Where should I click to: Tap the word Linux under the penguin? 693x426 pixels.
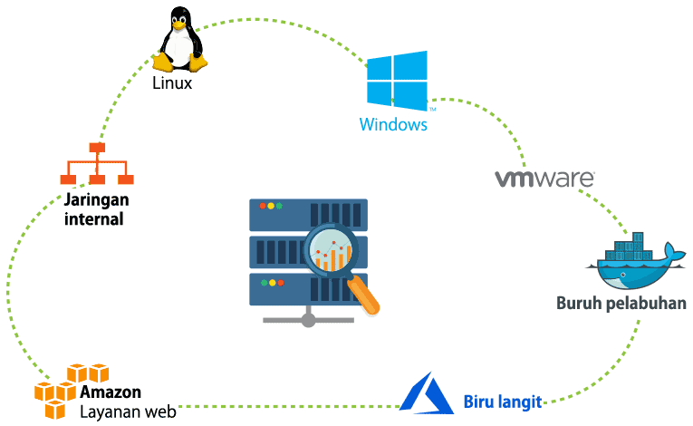point(172,83)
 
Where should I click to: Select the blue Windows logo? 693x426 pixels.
point(396,80)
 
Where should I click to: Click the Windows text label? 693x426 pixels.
point(393,124)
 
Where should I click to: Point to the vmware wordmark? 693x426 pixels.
point(544,178)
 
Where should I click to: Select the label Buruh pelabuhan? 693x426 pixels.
point(621,302)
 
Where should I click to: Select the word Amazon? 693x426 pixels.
point(111,393)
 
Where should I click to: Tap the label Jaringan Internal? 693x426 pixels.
point(94,209)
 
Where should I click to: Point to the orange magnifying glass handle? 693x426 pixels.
point(364,296)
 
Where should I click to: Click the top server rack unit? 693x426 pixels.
point(307,213)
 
